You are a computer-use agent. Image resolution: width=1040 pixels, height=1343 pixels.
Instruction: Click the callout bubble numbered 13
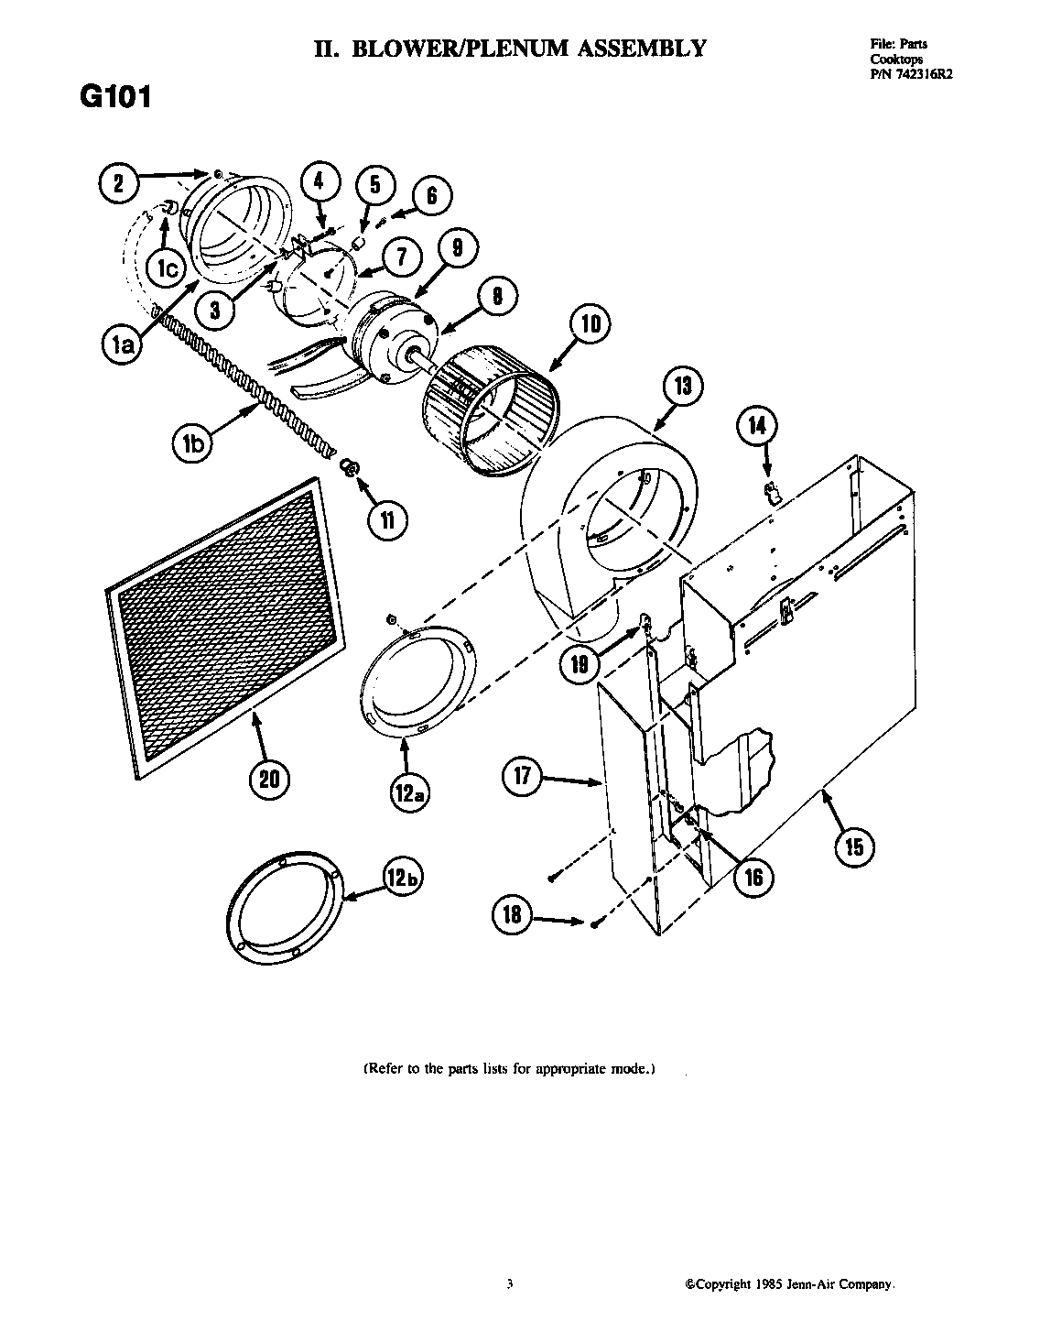point(683,386)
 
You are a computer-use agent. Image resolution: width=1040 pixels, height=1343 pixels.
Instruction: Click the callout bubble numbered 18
point(511,915)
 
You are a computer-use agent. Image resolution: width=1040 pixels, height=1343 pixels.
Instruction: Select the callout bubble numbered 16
point(753,877)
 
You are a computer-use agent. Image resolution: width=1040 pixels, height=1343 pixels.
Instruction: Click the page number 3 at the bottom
point(509,1284)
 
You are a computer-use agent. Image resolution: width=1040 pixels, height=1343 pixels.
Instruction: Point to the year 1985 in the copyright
point(768,1284)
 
